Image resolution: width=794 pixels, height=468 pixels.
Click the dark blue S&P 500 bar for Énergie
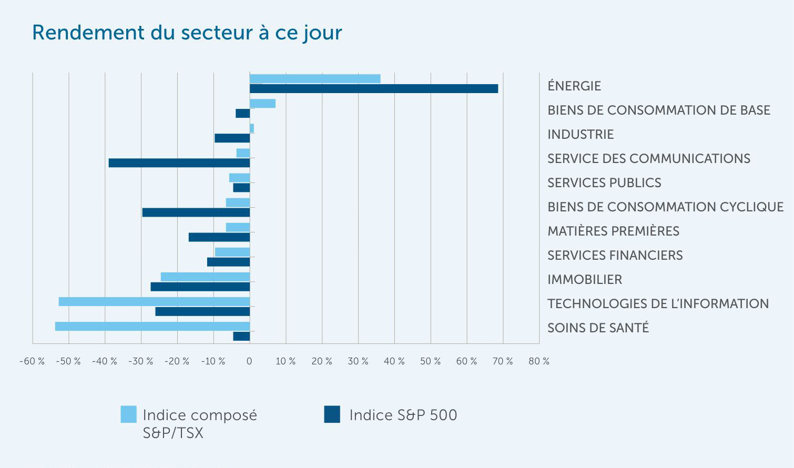point(373,88)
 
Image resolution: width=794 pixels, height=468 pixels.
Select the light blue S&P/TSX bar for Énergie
point(314,78)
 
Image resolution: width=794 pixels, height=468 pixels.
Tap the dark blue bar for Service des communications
point(179,163)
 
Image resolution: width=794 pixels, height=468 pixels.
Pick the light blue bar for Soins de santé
point(152,326)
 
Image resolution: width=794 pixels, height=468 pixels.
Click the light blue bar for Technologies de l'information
point(154,301)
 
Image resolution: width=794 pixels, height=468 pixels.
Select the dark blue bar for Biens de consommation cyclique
point(196,212)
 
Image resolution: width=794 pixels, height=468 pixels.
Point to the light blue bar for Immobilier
point(205,277)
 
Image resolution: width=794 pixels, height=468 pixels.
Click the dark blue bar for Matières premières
point(219,237)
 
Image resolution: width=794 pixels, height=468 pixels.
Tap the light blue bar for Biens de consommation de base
point(262,103)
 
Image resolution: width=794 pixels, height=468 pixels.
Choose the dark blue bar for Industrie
point(232,138)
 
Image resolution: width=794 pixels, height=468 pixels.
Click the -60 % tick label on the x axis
point(32,361)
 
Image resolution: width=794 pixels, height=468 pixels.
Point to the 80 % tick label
point(539,361)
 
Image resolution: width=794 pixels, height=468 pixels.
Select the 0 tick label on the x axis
point(249,361)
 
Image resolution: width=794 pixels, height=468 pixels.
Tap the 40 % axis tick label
point(394,361)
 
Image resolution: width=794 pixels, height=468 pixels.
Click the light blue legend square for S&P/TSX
point(128,414)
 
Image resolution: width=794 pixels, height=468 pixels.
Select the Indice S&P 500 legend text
point(403,415)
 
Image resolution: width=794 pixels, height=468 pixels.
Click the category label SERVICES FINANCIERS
point(615,256)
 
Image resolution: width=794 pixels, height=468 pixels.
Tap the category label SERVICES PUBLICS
point(604,183)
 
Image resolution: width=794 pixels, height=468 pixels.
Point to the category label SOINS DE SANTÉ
point(598,328)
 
